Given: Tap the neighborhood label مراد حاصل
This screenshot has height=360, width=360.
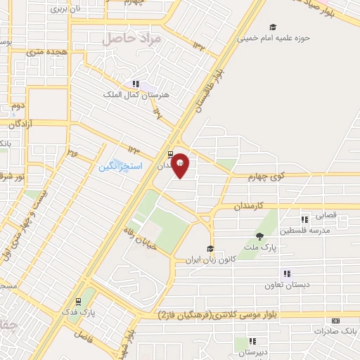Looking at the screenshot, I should pyautogui.click(x=131, y=39).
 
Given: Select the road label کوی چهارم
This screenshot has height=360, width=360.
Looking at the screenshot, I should pyautogui.click(x=248, y=176).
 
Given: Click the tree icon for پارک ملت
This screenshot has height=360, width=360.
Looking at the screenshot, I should pyautogui.click(x=259, y=236).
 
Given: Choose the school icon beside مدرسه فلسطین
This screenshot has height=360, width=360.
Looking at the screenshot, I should pyautogui.click(x=304, y=219).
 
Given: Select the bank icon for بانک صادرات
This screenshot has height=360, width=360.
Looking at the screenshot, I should pyautogui.click(x=335, y=321).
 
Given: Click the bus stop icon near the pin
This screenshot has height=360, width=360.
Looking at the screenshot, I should pyautogui.click(x=170, y=153).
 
